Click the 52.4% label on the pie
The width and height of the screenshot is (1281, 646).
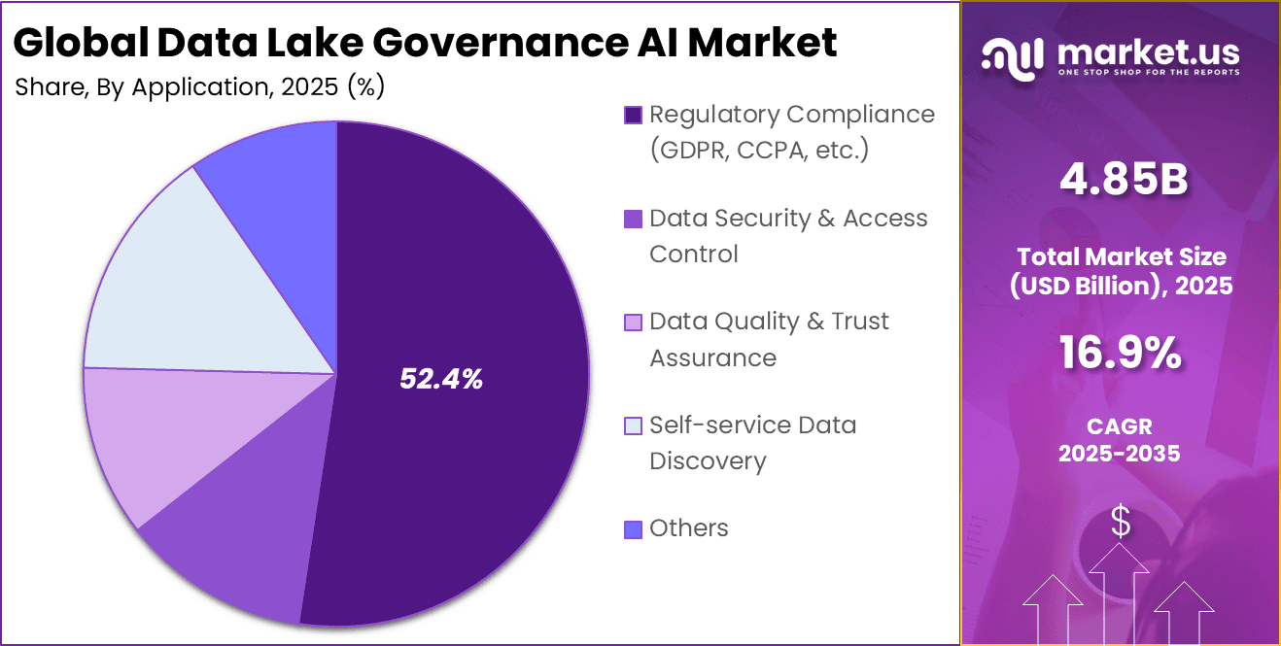click(441, 380)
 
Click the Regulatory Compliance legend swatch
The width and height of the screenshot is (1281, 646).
click(633, 116)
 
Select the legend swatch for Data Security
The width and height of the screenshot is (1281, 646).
click(633, 220)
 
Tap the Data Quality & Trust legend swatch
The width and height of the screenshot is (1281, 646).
click(633, 323)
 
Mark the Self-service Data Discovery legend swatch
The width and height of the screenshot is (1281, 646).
click(633, 425)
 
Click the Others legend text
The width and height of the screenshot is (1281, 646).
click(689, 528)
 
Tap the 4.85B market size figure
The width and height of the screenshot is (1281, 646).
click(1124, 182)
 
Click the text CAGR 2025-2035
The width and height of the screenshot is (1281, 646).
click(1120, 439)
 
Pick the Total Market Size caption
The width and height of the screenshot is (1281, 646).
click(1124, 271)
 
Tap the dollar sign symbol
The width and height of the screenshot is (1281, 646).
click(1121, 523)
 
